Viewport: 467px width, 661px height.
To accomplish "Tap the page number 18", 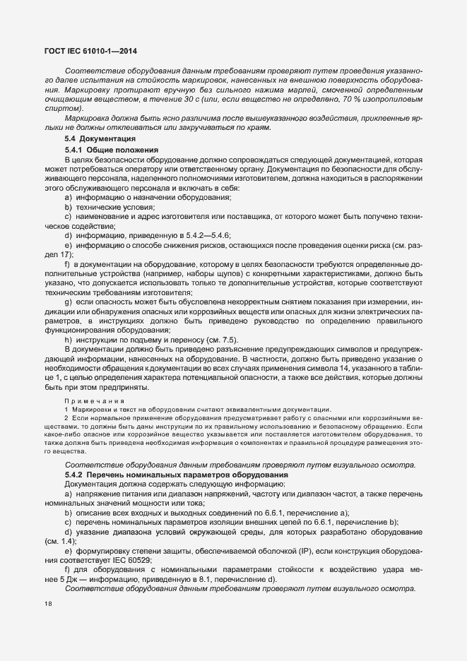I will coord(47,604).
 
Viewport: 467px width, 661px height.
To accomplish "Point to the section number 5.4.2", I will coord(75,474).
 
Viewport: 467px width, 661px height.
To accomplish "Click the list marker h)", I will coord(69,338).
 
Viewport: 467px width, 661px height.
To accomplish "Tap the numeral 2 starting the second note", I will coord(66,419).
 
